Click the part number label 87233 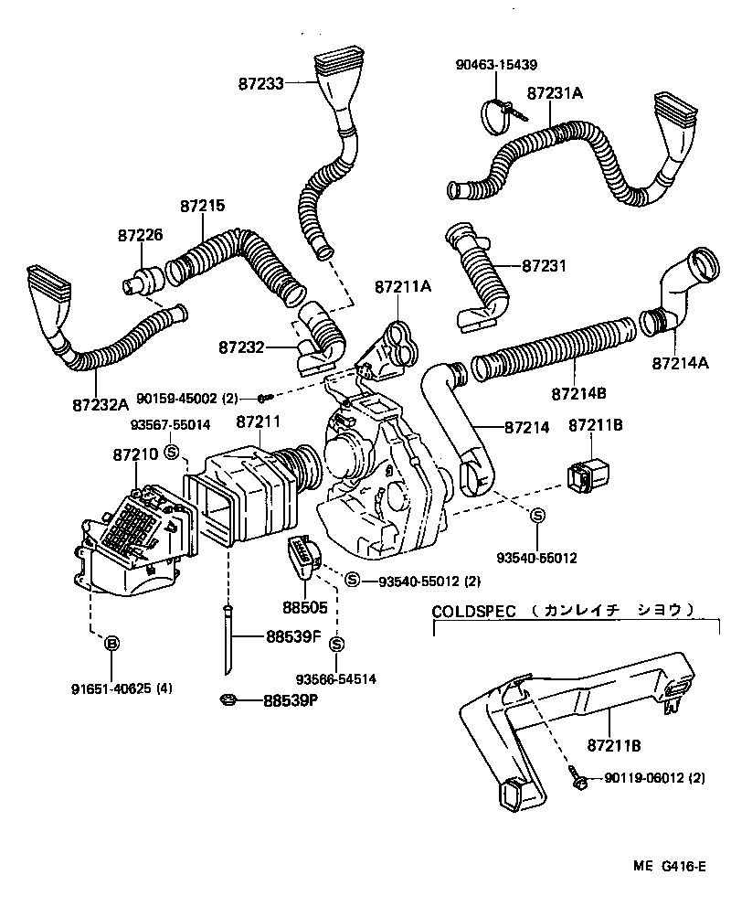coord(261,82)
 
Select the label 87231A coord(554,93)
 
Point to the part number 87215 coord(202,207)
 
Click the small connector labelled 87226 coord(138,279)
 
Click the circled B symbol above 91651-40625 coord(111,643)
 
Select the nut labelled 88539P coord(229,700)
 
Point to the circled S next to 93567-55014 coord(171,452)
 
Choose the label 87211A coord(401,286)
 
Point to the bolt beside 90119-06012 coord(577,778)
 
